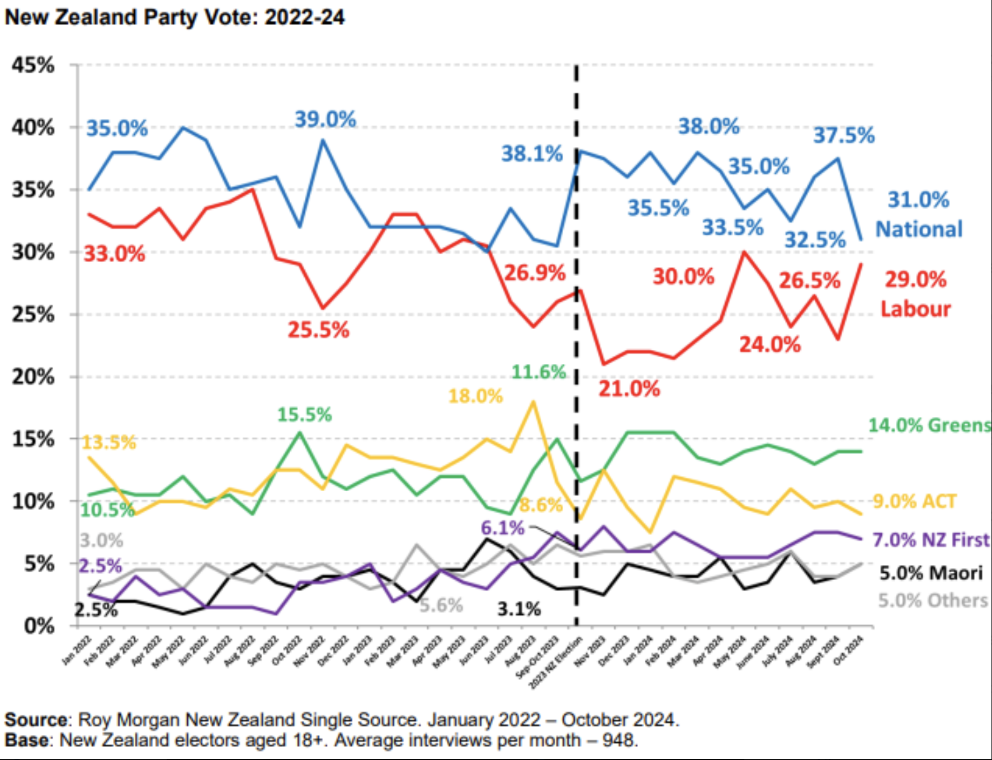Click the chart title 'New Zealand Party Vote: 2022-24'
(x=174, y=17)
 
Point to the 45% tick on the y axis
(x=33, y=65)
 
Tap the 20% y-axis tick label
(x=33, y=377)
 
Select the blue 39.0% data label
(x=325, y=119)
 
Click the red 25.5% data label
(x=318, y=330)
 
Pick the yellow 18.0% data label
(x=475, y=396)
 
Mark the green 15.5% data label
(x=304, y=415)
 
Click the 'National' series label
(x=919, y=229)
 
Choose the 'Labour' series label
(x=915, y=308)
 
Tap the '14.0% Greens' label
(x=929, y=425)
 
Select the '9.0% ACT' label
(x=914, y=501)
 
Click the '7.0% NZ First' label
(x=930, y=540)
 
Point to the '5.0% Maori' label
(x=930, y=573)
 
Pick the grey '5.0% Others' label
(x=932, y=601)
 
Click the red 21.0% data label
(x=629, y=389)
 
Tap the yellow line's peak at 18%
(x=533, y=402)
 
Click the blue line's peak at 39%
(x=323, y=140)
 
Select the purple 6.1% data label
(x=502, y=528)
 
